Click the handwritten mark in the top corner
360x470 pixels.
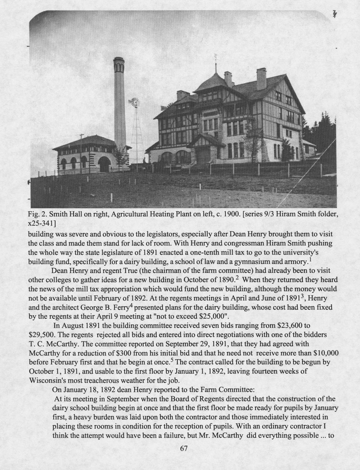(335, 14)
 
